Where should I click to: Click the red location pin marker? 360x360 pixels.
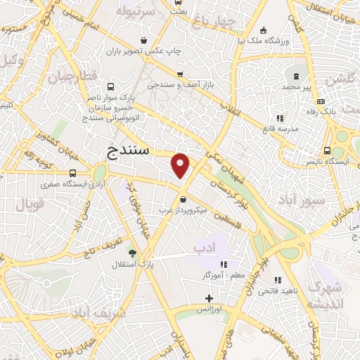click(181, 165)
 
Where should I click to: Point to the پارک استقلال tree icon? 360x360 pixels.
click(131, 252)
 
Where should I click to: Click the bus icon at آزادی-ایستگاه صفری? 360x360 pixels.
click(73, 173)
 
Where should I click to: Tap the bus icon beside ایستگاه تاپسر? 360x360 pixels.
click(327, 150)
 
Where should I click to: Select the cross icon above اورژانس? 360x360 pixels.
click(208, 298)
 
